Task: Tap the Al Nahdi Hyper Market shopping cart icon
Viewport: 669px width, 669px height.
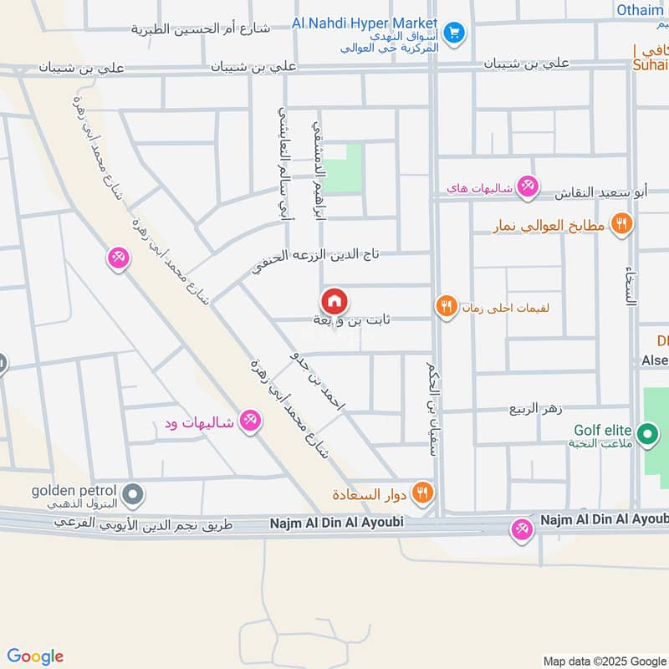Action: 455,33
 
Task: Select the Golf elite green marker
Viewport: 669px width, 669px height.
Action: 646,434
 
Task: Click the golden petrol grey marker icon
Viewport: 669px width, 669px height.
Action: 132,496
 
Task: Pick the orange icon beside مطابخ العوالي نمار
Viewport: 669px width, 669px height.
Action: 620,223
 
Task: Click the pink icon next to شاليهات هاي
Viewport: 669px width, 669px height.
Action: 527,186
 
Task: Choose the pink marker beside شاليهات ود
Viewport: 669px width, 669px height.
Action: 248,421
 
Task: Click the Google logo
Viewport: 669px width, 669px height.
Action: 35,656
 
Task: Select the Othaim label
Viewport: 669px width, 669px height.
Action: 640,10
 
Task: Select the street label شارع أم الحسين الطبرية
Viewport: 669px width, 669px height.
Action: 200,29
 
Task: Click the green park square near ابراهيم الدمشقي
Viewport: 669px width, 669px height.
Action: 343,168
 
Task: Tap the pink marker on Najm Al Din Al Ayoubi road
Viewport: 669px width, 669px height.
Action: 523,529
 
